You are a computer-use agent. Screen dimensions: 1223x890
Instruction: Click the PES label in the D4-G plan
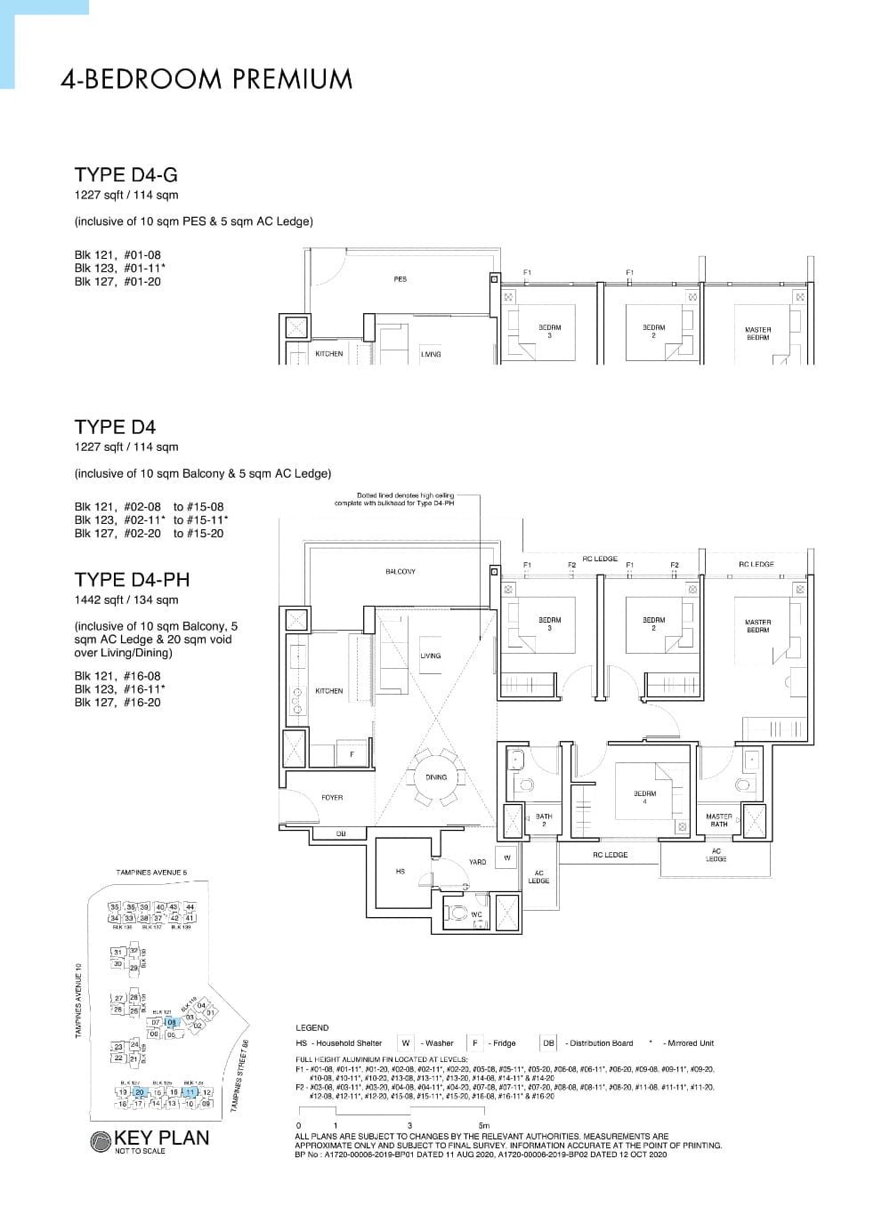point(400,279)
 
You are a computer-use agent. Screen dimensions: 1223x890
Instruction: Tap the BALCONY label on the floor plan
point(400,571)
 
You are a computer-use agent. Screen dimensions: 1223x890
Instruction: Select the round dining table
point(436,777)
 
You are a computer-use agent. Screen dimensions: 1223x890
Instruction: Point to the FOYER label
point(332,798)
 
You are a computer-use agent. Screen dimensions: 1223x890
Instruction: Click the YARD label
point(477,862)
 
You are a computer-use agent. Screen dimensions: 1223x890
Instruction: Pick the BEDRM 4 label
point(644,797)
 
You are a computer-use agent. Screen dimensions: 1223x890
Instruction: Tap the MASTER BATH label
point(719,820)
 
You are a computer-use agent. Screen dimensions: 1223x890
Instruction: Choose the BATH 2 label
point(544,820)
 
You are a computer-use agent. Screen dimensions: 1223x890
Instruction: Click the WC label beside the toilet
point(476,914)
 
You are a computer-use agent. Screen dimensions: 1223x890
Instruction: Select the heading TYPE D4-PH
point(132,580)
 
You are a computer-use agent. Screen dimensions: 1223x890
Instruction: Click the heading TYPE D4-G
point(125,175)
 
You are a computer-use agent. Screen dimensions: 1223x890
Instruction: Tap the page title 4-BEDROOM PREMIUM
point(206,79)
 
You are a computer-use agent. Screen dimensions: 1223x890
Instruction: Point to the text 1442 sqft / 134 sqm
point(126,599)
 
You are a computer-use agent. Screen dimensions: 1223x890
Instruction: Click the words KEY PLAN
point(162,1138)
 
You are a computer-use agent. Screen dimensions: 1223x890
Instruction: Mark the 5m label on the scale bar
point(483,1126)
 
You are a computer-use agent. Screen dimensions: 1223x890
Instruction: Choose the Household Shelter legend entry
point(339,1043)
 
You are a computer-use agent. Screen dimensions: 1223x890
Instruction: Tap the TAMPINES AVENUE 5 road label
point(152,873)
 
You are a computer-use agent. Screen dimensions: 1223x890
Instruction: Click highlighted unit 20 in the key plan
point(139,1091)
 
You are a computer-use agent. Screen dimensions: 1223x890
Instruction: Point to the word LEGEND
point(312,1027)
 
